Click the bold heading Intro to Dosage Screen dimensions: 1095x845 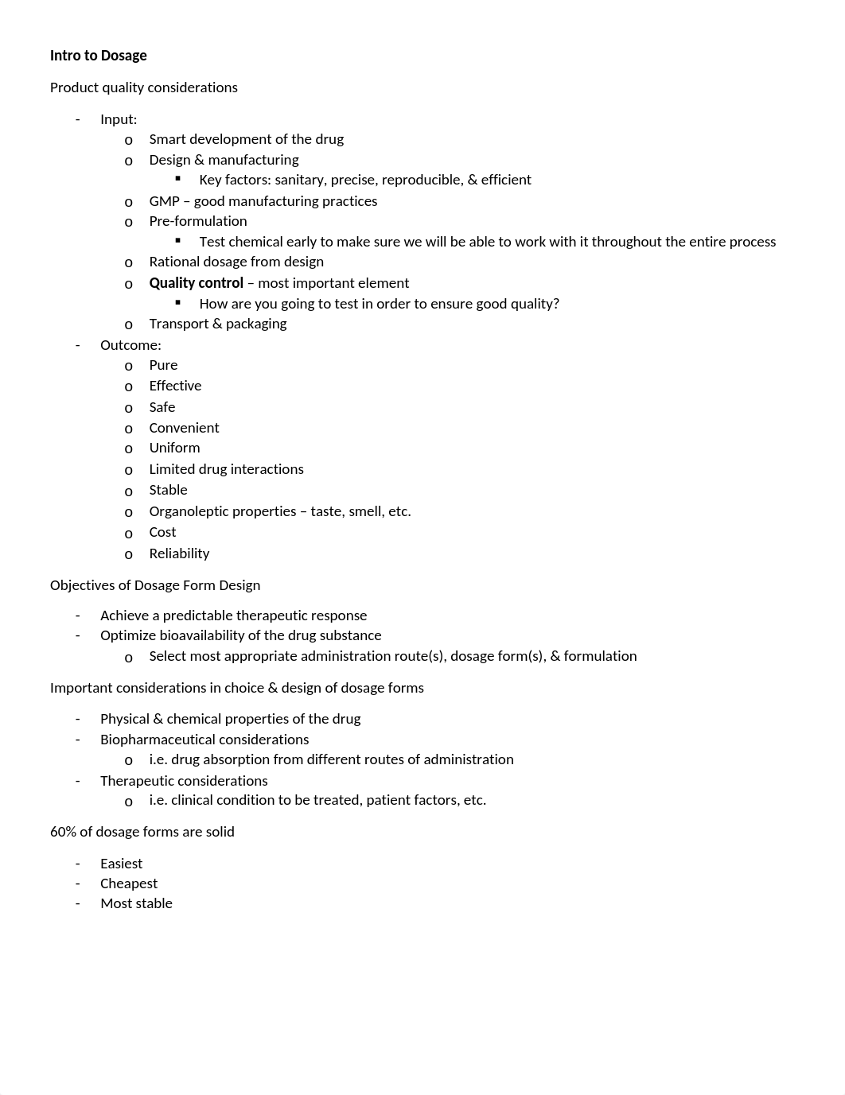(x=98, y=56)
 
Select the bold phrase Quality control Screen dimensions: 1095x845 (x=196, y=283)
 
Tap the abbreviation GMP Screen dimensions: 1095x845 (x=164, y=201)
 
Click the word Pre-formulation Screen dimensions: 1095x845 (x=197, y=221)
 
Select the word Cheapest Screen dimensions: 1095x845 (x=129, y=883)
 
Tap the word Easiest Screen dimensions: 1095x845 (x=121, y=864)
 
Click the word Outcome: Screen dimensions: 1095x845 (x=130, y=345)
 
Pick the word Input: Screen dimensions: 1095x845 (x=119, y=119)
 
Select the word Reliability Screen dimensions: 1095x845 (x=179, y=553)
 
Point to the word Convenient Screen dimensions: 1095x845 (x=184, y=428)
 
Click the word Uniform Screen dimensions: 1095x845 (x=174, y=448)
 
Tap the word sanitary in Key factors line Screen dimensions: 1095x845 (x=300, y=180)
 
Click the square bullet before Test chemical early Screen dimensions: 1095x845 (x=178, y=240)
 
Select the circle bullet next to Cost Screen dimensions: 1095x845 (x=128, y=534)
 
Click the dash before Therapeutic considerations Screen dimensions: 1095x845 (x=78, y=781)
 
